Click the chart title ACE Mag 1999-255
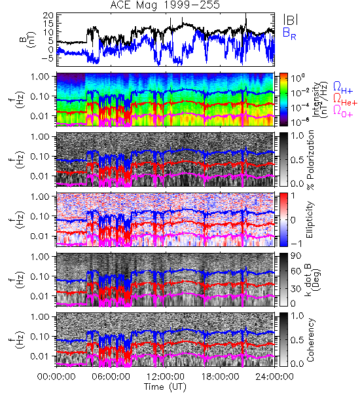click(165, 5)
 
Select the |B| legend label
click(291, 20)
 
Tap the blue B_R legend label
click(289, 34)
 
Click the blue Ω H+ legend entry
click(343, 88)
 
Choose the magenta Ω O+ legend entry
click(343, 111)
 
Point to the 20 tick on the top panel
click(48, 16)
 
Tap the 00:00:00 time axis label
click(56, 377)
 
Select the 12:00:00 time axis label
click(166, 377)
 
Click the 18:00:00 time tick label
click(220, 377)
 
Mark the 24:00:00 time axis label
click(274, 377)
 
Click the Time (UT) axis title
click(166, 386)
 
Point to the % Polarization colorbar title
click(311, 160)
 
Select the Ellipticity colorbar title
click(310, 219)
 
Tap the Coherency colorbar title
click(311, 340)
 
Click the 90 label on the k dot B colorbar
click(296, 256)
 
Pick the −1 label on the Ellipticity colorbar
click(296, 244)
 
